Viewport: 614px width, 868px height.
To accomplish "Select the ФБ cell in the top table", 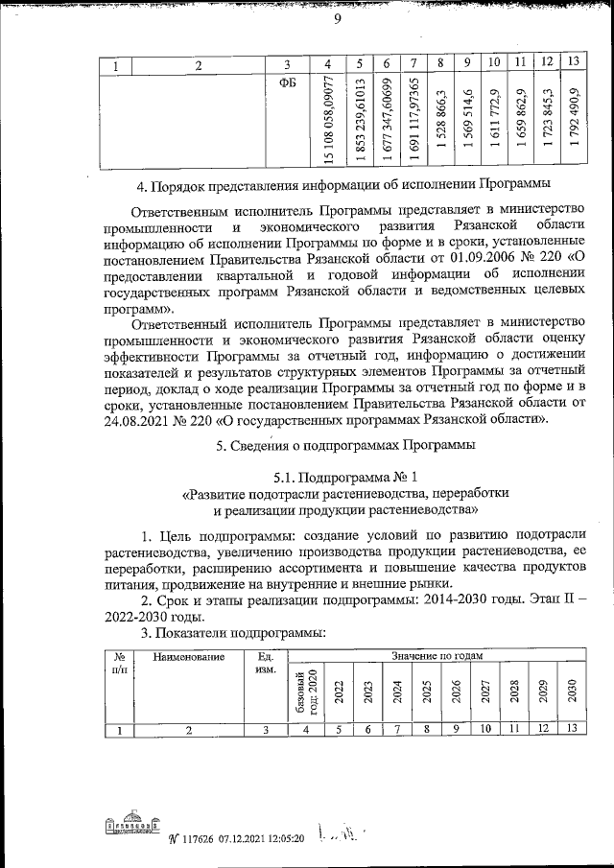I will tap(287, 82).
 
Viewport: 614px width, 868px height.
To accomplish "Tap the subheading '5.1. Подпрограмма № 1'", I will tap(345, 477).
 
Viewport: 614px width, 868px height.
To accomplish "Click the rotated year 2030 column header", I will tap(573, 692).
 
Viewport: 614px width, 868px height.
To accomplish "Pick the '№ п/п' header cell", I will tap(120, 664).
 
